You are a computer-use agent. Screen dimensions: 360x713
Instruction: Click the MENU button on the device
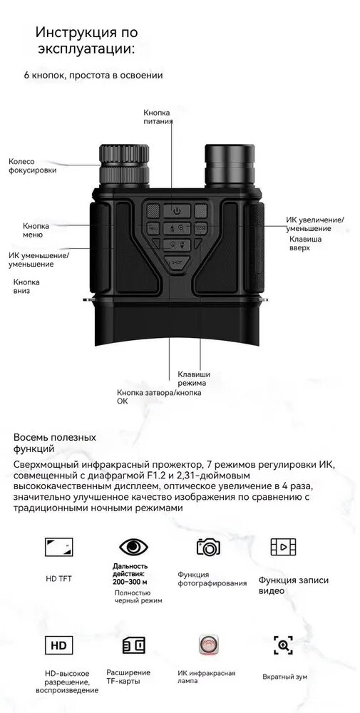coord(153,229)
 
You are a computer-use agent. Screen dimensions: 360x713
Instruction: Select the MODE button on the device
coord(200,229)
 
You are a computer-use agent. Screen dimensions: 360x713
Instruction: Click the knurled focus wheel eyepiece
coord(124,165)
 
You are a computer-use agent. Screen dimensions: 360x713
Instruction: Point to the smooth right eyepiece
coord(229,165)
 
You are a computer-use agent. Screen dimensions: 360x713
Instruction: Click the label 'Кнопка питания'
coord(158,116)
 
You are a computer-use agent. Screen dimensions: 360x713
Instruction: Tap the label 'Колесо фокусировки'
coord(33,166)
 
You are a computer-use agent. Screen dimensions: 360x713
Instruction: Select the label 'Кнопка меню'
coord(36,230)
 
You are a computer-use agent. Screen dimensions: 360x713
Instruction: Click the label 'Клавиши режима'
coord(194,379)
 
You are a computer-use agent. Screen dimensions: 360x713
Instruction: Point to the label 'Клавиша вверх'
coord(305,243)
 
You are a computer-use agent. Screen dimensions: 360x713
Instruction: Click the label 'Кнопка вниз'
coord(26,287)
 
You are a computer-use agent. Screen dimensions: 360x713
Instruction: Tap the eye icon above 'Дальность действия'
coord(133,547)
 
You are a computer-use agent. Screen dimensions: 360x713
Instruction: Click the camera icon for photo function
coord(208,546)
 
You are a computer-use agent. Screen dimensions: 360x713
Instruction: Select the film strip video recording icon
coord(283,547)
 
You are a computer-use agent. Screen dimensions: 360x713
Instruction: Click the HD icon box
coord(58,645)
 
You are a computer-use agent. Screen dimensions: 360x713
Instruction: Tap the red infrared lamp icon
coord(209,645)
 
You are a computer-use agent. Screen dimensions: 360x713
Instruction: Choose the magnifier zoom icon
coord(283,645)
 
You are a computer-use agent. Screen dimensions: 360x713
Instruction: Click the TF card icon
coord(134,645)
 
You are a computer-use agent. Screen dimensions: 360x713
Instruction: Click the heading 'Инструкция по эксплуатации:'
coord(86,41)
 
